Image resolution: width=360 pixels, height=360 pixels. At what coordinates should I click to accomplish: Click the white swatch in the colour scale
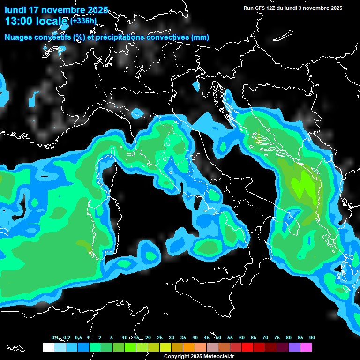[x=48, y=347]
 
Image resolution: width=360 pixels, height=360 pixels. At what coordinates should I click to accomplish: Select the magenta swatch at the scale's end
[x=306, y=347]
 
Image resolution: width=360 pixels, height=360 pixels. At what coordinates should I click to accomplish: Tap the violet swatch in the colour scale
[x=294, y=347]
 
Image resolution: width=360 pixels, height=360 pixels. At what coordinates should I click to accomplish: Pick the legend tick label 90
[x=312, y=338]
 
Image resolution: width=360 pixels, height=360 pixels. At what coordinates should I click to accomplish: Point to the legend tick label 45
[x=207, y=338]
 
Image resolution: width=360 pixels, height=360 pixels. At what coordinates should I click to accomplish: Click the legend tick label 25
[x=160, y=338]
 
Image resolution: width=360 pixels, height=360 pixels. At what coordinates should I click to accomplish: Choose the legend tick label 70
[x=265, y=338]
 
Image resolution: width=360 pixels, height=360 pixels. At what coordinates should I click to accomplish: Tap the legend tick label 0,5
[x=78, y=338]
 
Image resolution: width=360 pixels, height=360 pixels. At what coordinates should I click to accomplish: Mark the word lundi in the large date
[x=15, y=10]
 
